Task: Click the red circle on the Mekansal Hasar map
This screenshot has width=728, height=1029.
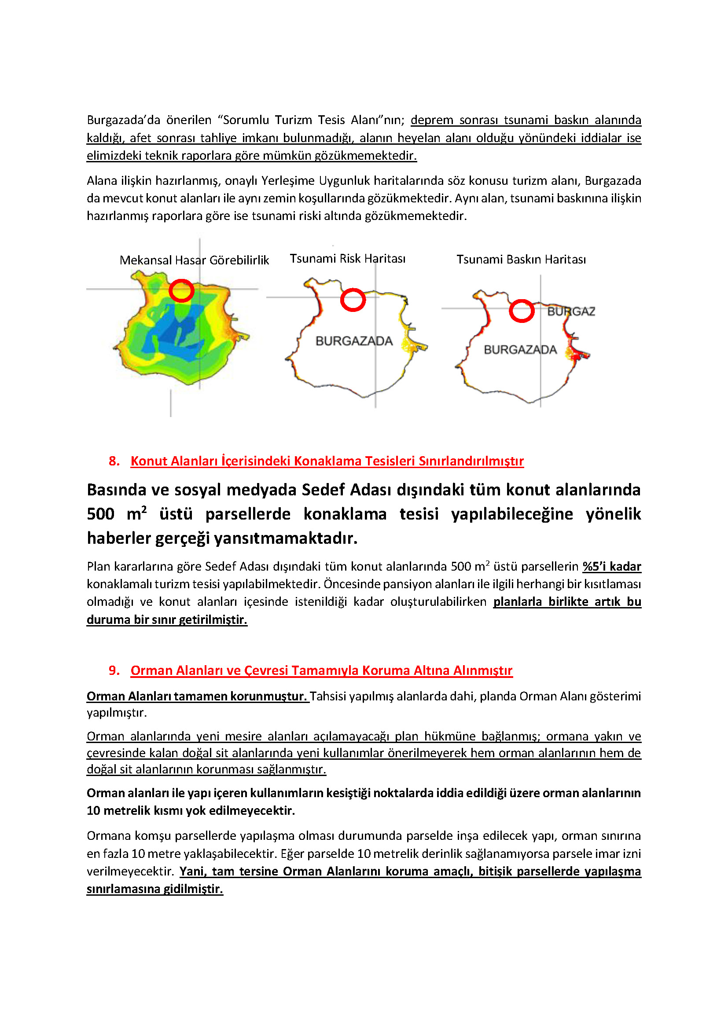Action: tap(181, 290)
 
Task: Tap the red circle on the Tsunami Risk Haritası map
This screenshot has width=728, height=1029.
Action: tap(353, 300)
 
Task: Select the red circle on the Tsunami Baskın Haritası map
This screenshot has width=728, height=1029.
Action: tap(521, 311)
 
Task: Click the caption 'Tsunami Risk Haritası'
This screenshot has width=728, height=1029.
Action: tap(347, 259)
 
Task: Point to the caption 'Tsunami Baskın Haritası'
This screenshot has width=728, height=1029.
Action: tap(521, 260)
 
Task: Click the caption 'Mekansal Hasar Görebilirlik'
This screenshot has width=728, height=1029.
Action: tap(194, 260)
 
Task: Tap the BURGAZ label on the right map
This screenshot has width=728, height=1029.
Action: tap(571, 311)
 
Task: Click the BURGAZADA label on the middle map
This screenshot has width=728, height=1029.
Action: tap(354, 341)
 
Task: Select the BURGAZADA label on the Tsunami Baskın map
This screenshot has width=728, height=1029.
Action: tap(520, 350)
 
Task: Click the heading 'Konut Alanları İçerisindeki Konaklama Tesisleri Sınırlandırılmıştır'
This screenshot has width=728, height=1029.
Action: tap(327, 461)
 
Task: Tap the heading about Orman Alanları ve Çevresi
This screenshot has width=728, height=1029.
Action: tap(321, 670)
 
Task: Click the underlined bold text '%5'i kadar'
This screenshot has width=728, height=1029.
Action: tap(611, 567)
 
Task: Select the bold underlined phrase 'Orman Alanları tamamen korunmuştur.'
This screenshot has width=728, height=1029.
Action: tap(197, 696)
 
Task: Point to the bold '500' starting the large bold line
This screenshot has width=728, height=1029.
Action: tap(100, 514)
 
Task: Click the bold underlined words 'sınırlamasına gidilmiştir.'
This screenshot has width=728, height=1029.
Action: tap(154, 889)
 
